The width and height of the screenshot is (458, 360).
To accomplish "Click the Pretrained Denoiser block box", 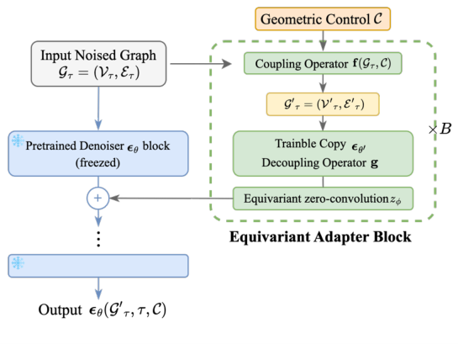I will pyautogui.click(x=98, y=152).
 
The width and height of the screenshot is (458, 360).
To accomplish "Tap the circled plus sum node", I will pyautogui.click(x=98, y=199).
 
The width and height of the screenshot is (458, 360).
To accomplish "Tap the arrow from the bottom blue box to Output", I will pyautogui.click(x=98, y=287).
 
